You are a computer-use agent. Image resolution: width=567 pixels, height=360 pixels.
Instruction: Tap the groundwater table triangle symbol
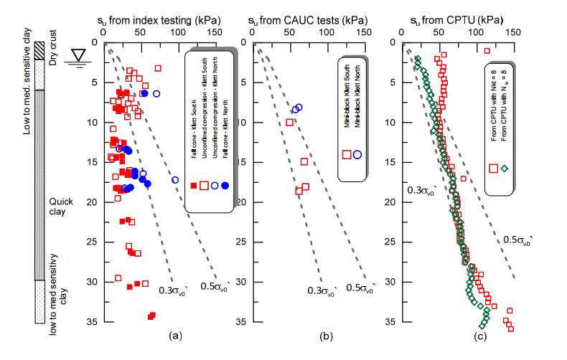[75, 55]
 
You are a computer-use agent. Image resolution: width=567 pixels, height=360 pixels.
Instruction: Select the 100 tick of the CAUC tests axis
[327, 32]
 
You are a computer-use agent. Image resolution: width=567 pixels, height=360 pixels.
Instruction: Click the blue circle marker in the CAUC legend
[357, 154]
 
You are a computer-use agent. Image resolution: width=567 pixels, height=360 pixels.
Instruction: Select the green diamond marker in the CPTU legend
[504, 168]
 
